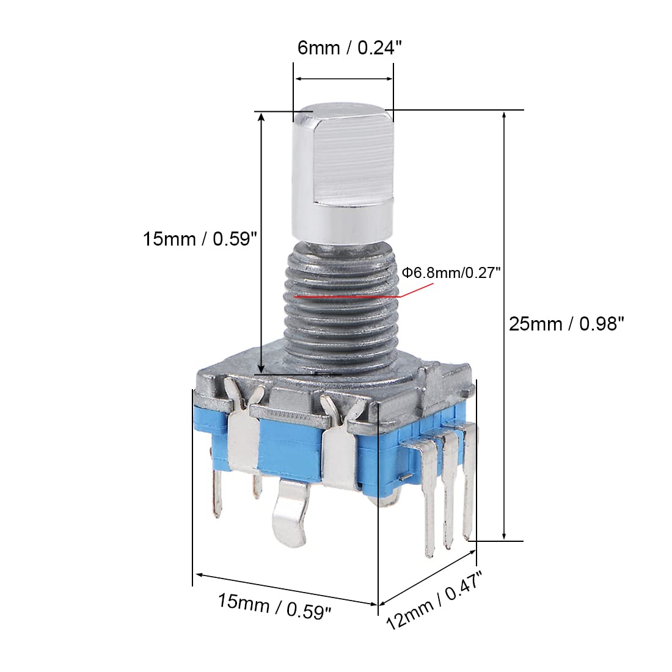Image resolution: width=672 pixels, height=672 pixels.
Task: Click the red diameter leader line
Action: (x=348, y=296)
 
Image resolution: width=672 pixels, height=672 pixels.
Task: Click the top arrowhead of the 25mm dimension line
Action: (x=504, y=115)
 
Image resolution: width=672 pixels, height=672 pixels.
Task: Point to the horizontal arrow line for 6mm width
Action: (x=343, y=79)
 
